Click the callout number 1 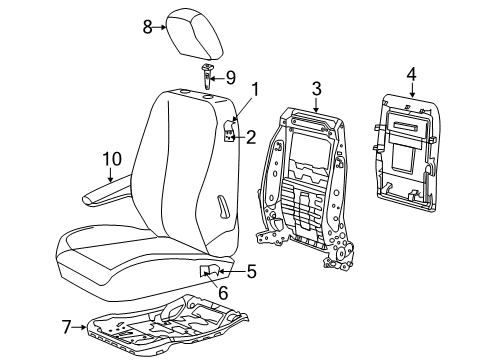point(254,117)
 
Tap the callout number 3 point(315,90)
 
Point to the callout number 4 point(410,72)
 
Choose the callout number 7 point(67,327)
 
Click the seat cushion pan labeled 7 point(180,327)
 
